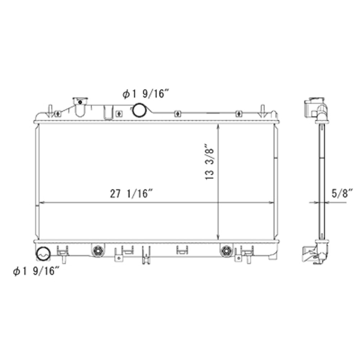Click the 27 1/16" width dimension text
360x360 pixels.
(x=132, y=194)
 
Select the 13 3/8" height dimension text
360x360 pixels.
(x=211, y=162)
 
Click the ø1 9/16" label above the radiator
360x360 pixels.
(x=145, y=95)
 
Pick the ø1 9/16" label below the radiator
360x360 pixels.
(x=36, y=272)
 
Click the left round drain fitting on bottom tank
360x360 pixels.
(x=96, y=251)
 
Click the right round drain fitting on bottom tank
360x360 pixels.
(x=226, y=251)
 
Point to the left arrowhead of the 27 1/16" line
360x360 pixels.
(x=41, y=203)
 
